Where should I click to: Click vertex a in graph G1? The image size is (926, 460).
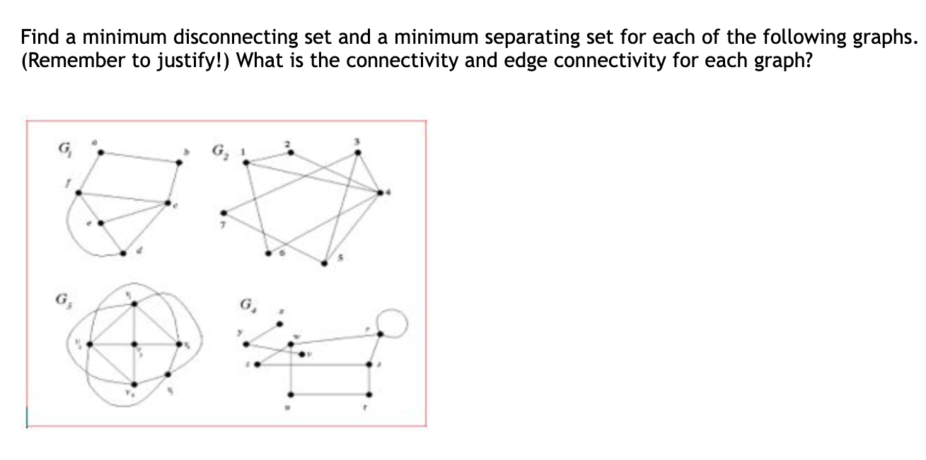point(99,151)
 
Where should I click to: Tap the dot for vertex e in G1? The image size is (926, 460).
point(100,223)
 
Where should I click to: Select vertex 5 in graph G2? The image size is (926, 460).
point(325,264)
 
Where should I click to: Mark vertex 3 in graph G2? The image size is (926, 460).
point(357,151)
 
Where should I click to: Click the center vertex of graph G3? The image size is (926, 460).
point(134,345)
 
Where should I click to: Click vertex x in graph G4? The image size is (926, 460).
point(279,324)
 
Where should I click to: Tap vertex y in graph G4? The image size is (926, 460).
point(246,344)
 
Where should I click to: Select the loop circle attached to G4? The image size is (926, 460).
point(394,324)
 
